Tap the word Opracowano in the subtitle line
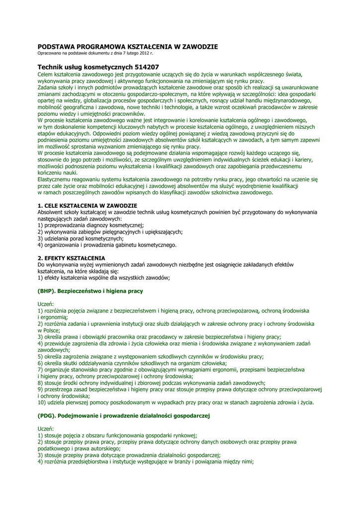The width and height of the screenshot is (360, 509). pyautogui.click(x=49, y=53)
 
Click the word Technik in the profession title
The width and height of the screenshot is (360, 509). pyautogui.click(x=51, y=67)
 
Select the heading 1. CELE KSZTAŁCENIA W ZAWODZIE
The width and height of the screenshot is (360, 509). pyautogui.click(x=88, y=205)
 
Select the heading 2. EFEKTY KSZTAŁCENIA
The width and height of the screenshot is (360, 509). pyautogui.click(x=72, y=258)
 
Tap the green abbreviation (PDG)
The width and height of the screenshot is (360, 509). pyautogui.click(x=48, y=415)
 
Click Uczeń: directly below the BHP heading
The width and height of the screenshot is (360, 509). pyautogui.click(x=46, y=303)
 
